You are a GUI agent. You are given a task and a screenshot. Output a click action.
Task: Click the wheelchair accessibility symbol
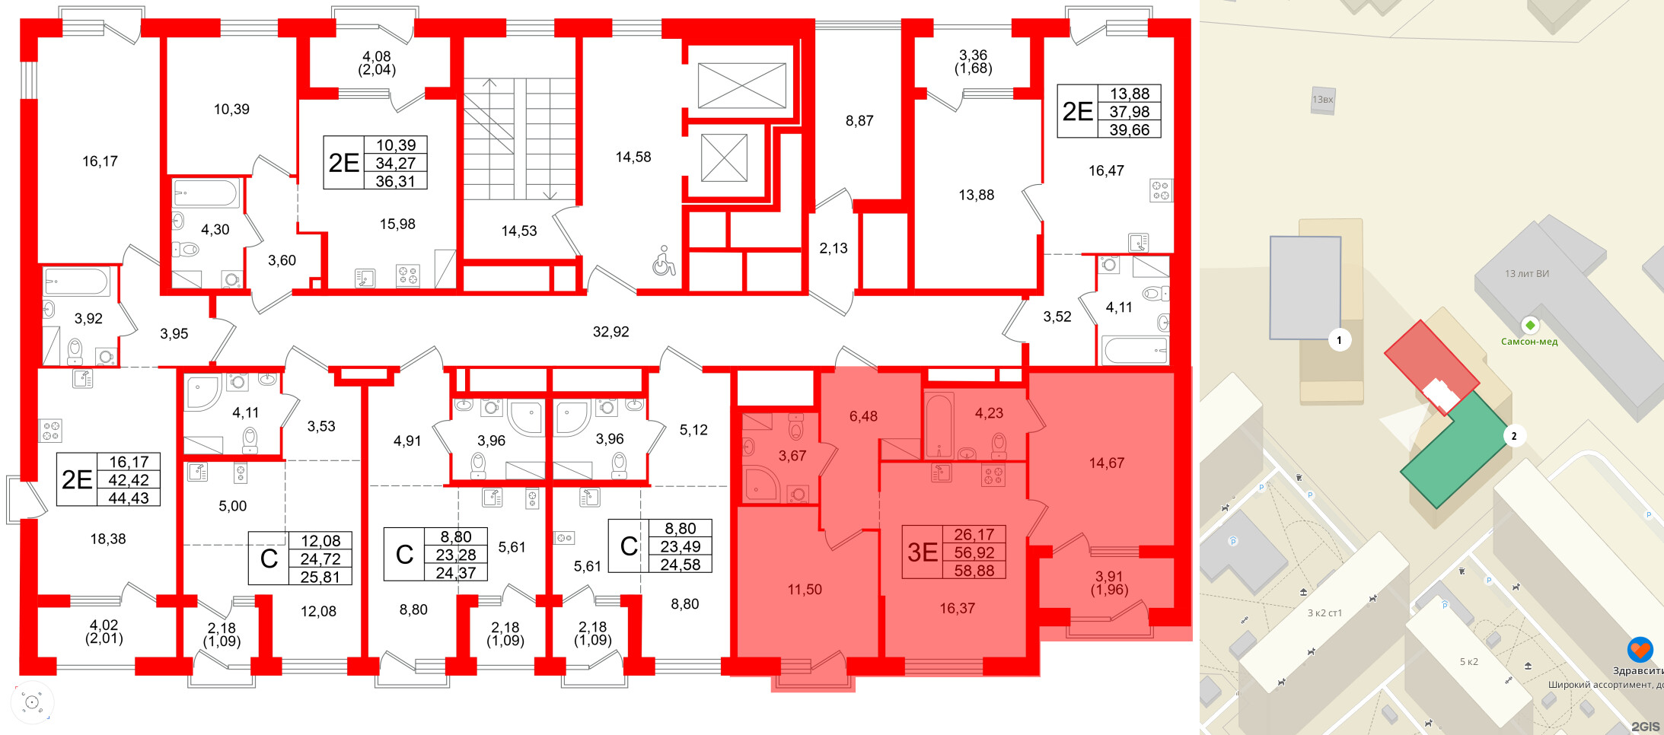664,261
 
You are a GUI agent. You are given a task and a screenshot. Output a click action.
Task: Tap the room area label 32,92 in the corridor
610,332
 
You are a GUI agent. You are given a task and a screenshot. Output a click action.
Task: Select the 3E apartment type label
923,552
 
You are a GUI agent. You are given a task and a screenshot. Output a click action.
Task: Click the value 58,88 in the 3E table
974,571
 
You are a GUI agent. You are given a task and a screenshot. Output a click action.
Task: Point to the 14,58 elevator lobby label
633,157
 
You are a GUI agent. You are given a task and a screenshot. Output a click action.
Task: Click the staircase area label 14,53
519,231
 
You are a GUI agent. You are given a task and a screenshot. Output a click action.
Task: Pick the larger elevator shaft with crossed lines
741,86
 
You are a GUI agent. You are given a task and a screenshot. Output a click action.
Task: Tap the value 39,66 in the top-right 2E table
1130,130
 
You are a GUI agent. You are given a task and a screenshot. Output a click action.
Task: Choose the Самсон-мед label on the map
1529,342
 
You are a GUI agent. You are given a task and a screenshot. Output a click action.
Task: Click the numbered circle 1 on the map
1340,340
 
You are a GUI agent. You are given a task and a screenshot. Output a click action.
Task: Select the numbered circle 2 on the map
1514,436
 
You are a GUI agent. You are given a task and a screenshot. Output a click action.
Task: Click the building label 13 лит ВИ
1526,274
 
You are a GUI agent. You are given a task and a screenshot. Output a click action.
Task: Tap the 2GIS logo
1645,727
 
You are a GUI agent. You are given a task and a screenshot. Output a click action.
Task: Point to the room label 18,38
108,539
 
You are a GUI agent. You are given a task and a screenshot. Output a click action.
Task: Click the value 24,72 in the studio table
320,559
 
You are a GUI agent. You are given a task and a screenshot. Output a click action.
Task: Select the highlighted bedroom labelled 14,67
1106,463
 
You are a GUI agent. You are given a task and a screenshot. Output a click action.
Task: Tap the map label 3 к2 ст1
1325,613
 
